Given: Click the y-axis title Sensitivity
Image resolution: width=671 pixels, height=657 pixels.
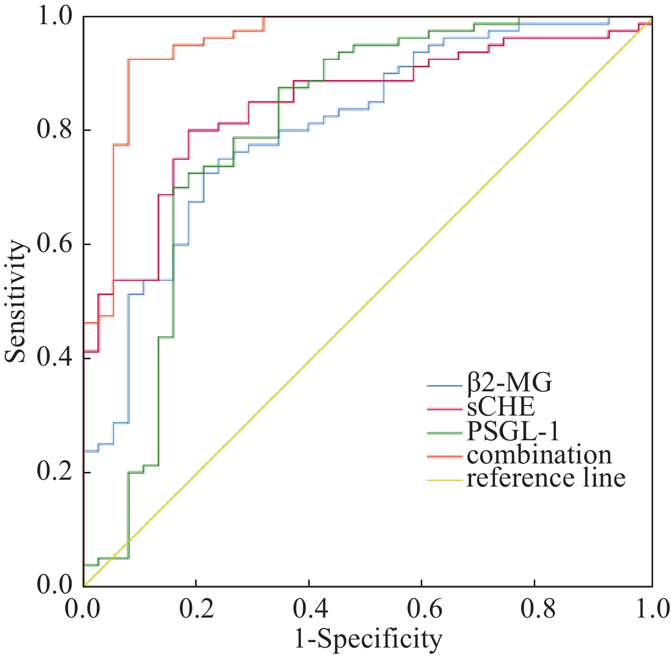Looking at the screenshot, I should pyautogui.click(x=16, y=301).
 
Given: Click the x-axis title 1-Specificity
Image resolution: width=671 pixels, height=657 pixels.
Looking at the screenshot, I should pyautogui.click(x=368, y=639).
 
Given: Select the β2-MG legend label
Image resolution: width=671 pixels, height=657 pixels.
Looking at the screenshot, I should pyautogui.click(x=510, y=383).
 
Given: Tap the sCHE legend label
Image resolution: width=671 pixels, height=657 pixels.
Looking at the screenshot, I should pyautogui.click(x=501, y=407).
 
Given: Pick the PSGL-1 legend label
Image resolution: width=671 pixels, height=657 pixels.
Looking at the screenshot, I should pyautogui.click(x=513, y=431).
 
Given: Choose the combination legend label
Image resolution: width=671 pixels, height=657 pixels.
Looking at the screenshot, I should pyautogui.click(x=540, y=455).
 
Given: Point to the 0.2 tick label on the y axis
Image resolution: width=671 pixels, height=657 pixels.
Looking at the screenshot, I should pyautogui.click(x=55, y=472).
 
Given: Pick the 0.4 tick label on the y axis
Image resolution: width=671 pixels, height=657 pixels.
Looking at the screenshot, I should pyautogui.click(x=55, y=358).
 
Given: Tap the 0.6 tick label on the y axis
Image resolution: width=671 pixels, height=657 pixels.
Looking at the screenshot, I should pyautogui.click(x=55, y=244).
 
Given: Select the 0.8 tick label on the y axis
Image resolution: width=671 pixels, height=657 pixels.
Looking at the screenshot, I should pyautogui.click(x=55, y=130).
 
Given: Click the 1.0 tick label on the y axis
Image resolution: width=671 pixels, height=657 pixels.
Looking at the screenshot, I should pyautogui.click(x=55, y=16).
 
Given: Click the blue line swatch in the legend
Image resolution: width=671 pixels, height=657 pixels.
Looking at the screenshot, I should pyautogui.click(x=445, y=385).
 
